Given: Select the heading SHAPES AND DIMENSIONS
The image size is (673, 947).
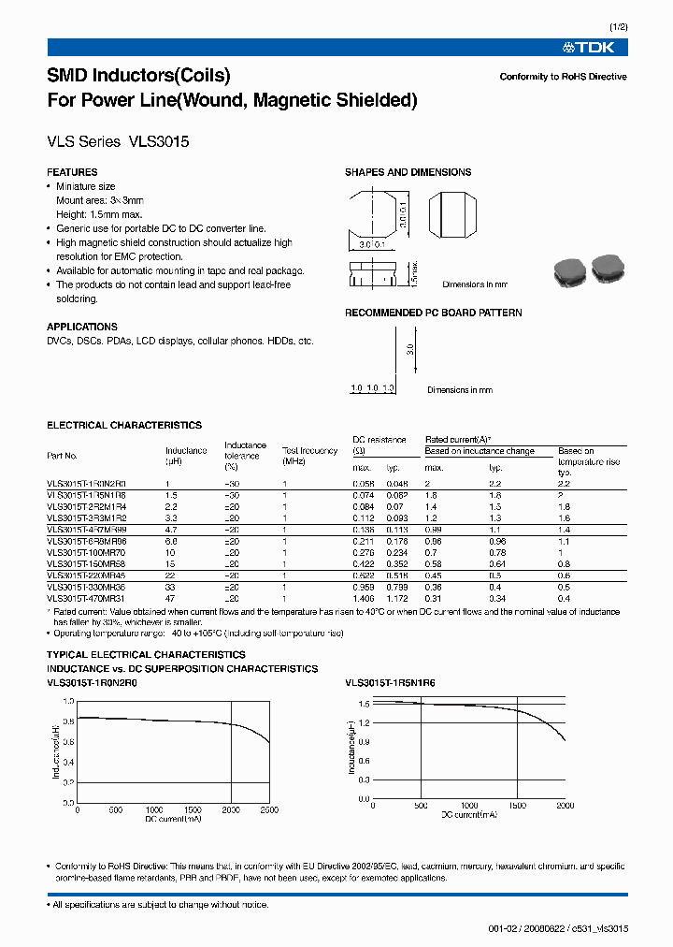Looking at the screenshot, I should [408, 172].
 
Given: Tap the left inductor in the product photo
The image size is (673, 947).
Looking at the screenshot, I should [568, 270].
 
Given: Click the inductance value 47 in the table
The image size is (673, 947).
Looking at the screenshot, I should [169, 598].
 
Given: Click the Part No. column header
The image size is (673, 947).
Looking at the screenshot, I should [63, 456].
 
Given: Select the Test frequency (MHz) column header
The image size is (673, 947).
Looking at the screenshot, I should [308, 456].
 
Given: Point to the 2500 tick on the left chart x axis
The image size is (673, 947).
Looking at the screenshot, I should [268, 809].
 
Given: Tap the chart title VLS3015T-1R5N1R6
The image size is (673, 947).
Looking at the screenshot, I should [390, 683].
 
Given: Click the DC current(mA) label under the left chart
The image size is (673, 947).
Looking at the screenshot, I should [174, 820].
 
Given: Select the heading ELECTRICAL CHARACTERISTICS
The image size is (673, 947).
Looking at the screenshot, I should [124, 425].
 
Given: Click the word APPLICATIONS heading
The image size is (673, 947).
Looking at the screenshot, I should [82, 327].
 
